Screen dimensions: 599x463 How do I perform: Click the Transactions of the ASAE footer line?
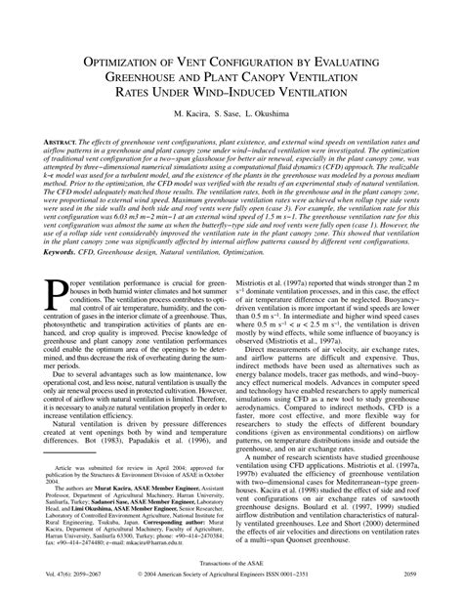pyautogui.click(x=231, y=564)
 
